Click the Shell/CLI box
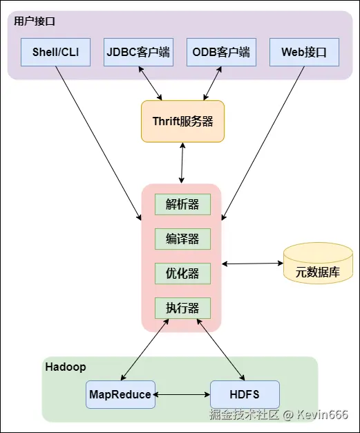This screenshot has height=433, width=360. tap(55, 52)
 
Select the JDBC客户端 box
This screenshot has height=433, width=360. tap(138, 52)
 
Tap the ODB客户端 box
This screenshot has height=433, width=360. tap(221, 52)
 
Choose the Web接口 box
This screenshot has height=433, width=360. tap(304, 52)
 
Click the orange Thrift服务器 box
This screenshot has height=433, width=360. tap(182, 121)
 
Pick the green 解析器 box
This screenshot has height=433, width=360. tap(182, 204)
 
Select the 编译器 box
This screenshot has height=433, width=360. tap(182, 239)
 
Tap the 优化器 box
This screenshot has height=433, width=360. tap(182, 273)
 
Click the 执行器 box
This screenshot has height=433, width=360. tap(182, 308)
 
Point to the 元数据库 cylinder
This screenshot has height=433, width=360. tap(318, 263)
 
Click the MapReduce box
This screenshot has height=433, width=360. tap(120, 394)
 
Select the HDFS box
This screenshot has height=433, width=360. tap(245, 394)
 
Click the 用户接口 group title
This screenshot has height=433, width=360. tap(35, 21)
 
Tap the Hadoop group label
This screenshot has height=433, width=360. tap(66, 367)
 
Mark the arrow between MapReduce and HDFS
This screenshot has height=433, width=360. tap(182, 395)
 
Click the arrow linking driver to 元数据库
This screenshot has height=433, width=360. tap(252, 264)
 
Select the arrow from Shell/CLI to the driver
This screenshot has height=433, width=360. tap(99, 143)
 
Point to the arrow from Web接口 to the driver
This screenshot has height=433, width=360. tap(263, 143)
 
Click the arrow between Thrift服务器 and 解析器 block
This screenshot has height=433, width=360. tap(182, 163)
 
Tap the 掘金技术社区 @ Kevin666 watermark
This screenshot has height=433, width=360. tap(278, 415)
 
